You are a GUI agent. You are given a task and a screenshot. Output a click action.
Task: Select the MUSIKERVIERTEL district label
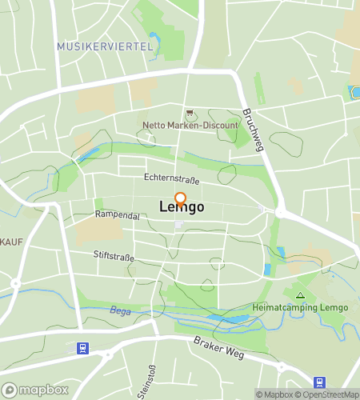(x=105, y=47)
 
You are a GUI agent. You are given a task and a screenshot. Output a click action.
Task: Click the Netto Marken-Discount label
(x=190, y=126)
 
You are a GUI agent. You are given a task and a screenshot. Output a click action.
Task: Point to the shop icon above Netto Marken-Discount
(x=190, y=114)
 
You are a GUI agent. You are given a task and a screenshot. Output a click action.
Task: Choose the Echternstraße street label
(x=171, y=178)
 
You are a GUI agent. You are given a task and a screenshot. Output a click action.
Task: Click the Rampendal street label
(x=117, y=216)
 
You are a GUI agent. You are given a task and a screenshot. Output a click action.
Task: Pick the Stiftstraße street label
(x=113, y=257)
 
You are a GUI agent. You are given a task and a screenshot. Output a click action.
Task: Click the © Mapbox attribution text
(x=274, y=394)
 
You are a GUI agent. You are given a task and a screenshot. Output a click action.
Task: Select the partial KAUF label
(x=10, y=241)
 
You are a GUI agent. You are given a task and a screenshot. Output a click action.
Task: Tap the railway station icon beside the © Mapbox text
(x=320, y=382)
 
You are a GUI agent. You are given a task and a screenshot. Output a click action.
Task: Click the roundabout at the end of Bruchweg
(x=281, y=213)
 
